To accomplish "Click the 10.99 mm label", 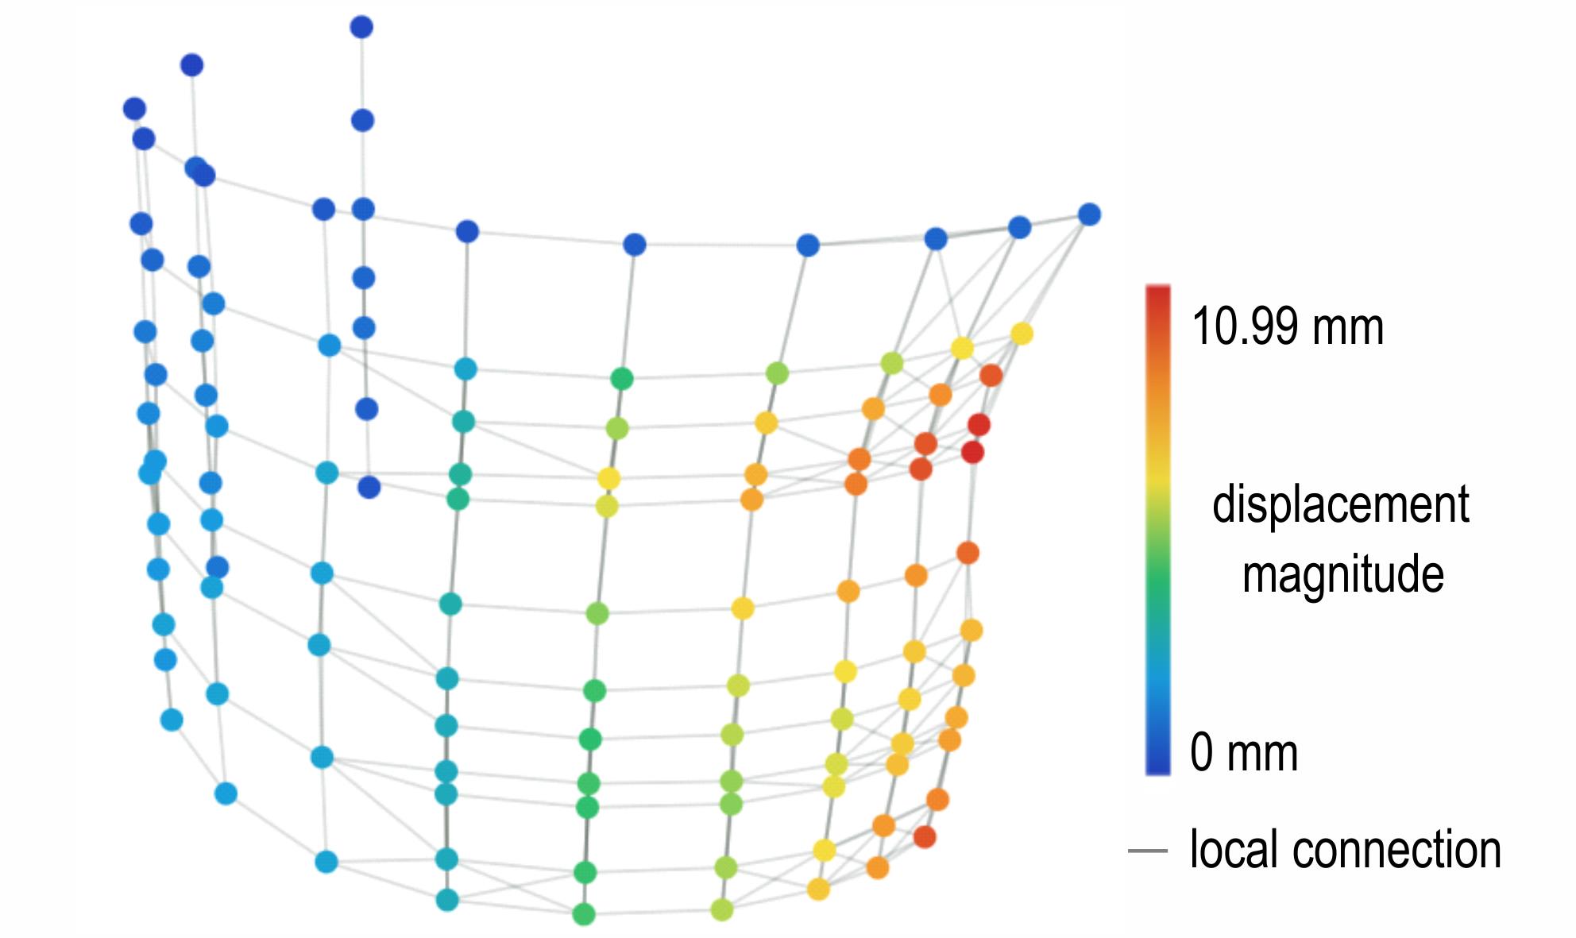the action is [1288, 326].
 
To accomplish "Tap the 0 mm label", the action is [1244, 752].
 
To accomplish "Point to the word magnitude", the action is [1342, 573].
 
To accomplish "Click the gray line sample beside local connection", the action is [1148, 851].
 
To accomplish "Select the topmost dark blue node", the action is [361, 27].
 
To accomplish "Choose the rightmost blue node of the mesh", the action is [1089, 214].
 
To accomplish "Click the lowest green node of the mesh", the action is [584, 914].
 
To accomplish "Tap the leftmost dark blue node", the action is [135, 109].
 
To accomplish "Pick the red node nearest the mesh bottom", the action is [924, 836].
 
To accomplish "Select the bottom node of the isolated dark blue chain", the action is [369, 487].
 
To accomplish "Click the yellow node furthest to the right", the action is [1022, 334].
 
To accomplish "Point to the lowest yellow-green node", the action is [721, 909].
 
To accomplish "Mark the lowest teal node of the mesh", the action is [447, 900].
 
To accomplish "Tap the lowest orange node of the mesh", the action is [877, 867].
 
